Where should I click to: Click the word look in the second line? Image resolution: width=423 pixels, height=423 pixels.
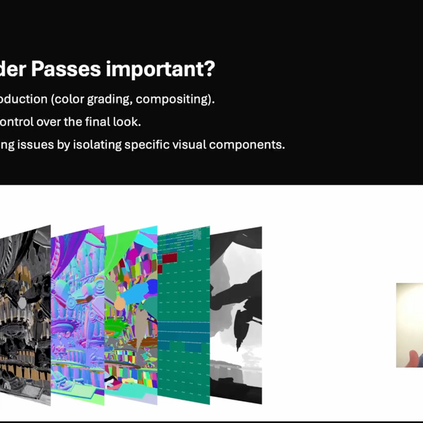128,122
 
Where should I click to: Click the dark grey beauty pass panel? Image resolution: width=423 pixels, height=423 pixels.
25,311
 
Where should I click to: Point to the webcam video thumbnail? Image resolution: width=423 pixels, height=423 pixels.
409,325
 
